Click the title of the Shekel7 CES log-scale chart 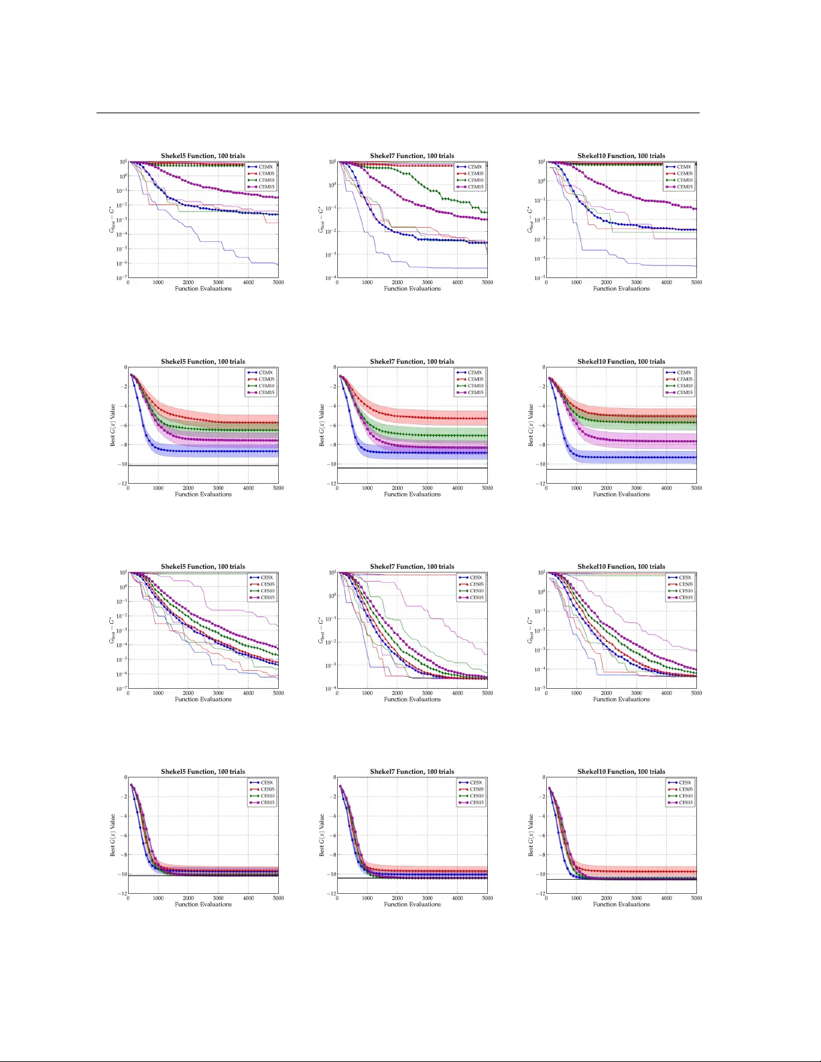[x=412, y=567]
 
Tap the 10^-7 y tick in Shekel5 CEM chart [x=122, y=278]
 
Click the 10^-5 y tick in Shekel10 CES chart [x=540, y=689]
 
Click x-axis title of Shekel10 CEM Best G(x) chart [x=621, y=494]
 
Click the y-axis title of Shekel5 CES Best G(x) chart [x=113, y=835]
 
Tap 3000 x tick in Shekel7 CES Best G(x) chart [x=428, y=898]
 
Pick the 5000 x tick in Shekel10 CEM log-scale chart [x=696, y=283]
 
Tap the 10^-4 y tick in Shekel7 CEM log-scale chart [x=331, y=278]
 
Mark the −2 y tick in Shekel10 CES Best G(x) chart [x=540, y=797]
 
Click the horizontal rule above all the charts [x=398, y=113]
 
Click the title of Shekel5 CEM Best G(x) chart [x=203, y=362]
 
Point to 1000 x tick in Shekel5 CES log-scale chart [x=158, y=693]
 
